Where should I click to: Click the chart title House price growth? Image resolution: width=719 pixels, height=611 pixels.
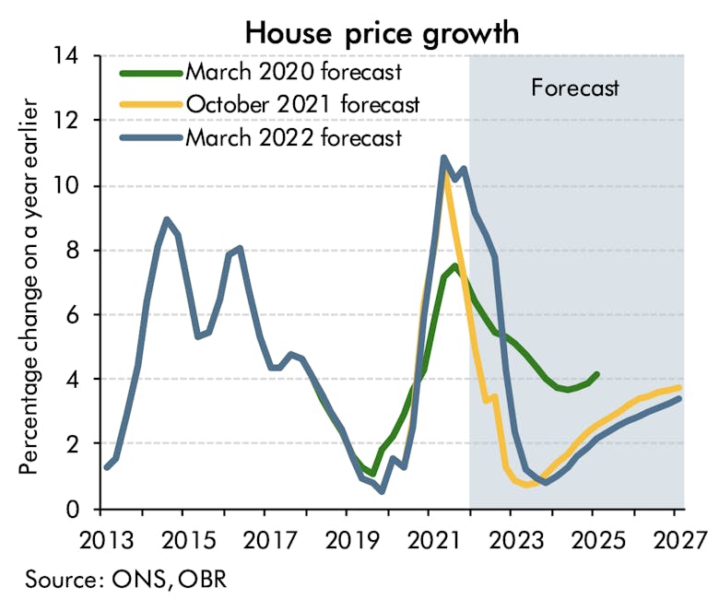(x=382, y=32)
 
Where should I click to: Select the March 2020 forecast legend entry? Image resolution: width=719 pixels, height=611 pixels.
(x=293, y=71)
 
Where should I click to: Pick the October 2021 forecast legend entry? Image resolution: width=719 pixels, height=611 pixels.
(x=302, y=104)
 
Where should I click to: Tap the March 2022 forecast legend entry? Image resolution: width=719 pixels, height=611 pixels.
(x=293, y=137)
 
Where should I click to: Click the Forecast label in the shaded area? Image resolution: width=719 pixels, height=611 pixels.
(x=575, y=88)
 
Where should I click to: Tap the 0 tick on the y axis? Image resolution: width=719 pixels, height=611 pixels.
(x=82, y=509)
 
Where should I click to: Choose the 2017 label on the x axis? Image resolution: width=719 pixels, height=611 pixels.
(x=264, y=536)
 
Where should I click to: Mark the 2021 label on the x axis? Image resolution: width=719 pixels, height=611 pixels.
(x=428, y=536)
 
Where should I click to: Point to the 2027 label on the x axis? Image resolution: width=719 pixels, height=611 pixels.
(x=674, y=536)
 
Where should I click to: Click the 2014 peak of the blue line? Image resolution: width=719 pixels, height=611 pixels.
(x=165, y=219)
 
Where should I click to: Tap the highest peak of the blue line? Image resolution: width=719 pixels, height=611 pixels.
(x=443, y=158)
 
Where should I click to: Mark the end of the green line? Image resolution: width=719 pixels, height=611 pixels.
(x=597, y=374)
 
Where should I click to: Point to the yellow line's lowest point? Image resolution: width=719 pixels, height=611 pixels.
(x=526, y=485)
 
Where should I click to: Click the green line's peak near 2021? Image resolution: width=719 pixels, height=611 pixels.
(x=454, y=266)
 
